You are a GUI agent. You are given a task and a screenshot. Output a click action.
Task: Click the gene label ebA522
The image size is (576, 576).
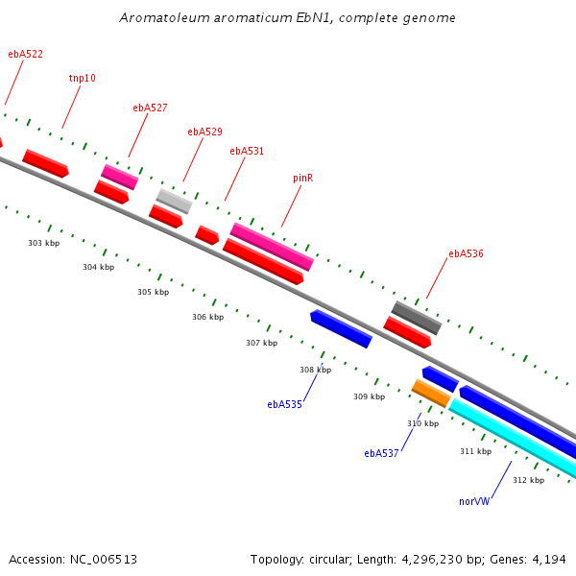[x=25, y=55]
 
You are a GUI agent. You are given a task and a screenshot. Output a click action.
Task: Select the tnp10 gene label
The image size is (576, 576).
[x=83, y=79]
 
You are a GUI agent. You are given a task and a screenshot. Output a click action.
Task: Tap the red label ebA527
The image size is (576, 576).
[x=150, y=108]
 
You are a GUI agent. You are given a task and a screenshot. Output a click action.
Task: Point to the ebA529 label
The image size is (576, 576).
[x=204, y=132]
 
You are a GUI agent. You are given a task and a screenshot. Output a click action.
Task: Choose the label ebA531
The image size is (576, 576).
[x=247, y=151]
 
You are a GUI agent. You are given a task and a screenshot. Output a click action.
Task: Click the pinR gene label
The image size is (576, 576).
[x=303, y=178]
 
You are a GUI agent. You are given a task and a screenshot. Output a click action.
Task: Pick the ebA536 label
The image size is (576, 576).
[x=466, y=254]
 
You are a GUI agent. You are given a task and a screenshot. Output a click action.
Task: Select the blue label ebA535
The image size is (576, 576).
[x=284, y=404]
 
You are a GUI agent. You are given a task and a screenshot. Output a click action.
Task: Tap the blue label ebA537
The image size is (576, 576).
[x=381, y=453]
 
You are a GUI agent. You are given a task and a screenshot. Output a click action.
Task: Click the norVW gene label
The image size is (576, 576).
[x=475, y=501]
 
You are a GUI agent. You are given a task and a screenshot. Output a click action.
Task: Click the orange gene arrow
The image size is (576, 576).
[x=431, y=393]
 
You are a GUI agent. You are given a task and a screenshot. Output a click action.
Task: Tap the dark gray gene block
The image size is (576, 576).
[x=416, y=318]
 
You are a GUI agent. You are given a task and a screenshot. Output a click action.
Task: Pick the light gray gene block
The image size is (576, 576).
[x=174, y=201]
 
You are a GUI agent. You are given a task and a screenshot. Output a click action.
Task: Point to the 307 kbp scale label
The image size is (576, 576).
[x=261, y=343]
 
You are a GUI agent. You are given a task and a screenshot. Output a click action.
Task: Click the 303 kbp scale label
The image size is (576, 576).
[x=43, y=243]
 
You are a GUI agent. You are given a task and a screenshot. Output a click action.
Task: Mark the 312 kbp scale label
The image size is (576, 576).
[x=528, y=480]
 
